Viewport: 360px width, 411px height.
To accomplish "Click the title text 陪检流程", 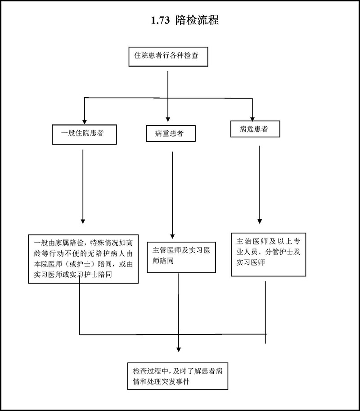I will [198, 20].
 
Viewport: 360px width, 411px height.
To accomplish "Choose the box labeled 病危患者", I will [255, 129].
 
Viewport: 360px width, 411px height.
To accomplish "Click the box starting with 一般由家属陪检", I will [83, 259].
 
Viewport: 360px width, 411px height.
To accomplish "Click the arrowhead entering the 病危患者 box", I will [252, 117].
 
